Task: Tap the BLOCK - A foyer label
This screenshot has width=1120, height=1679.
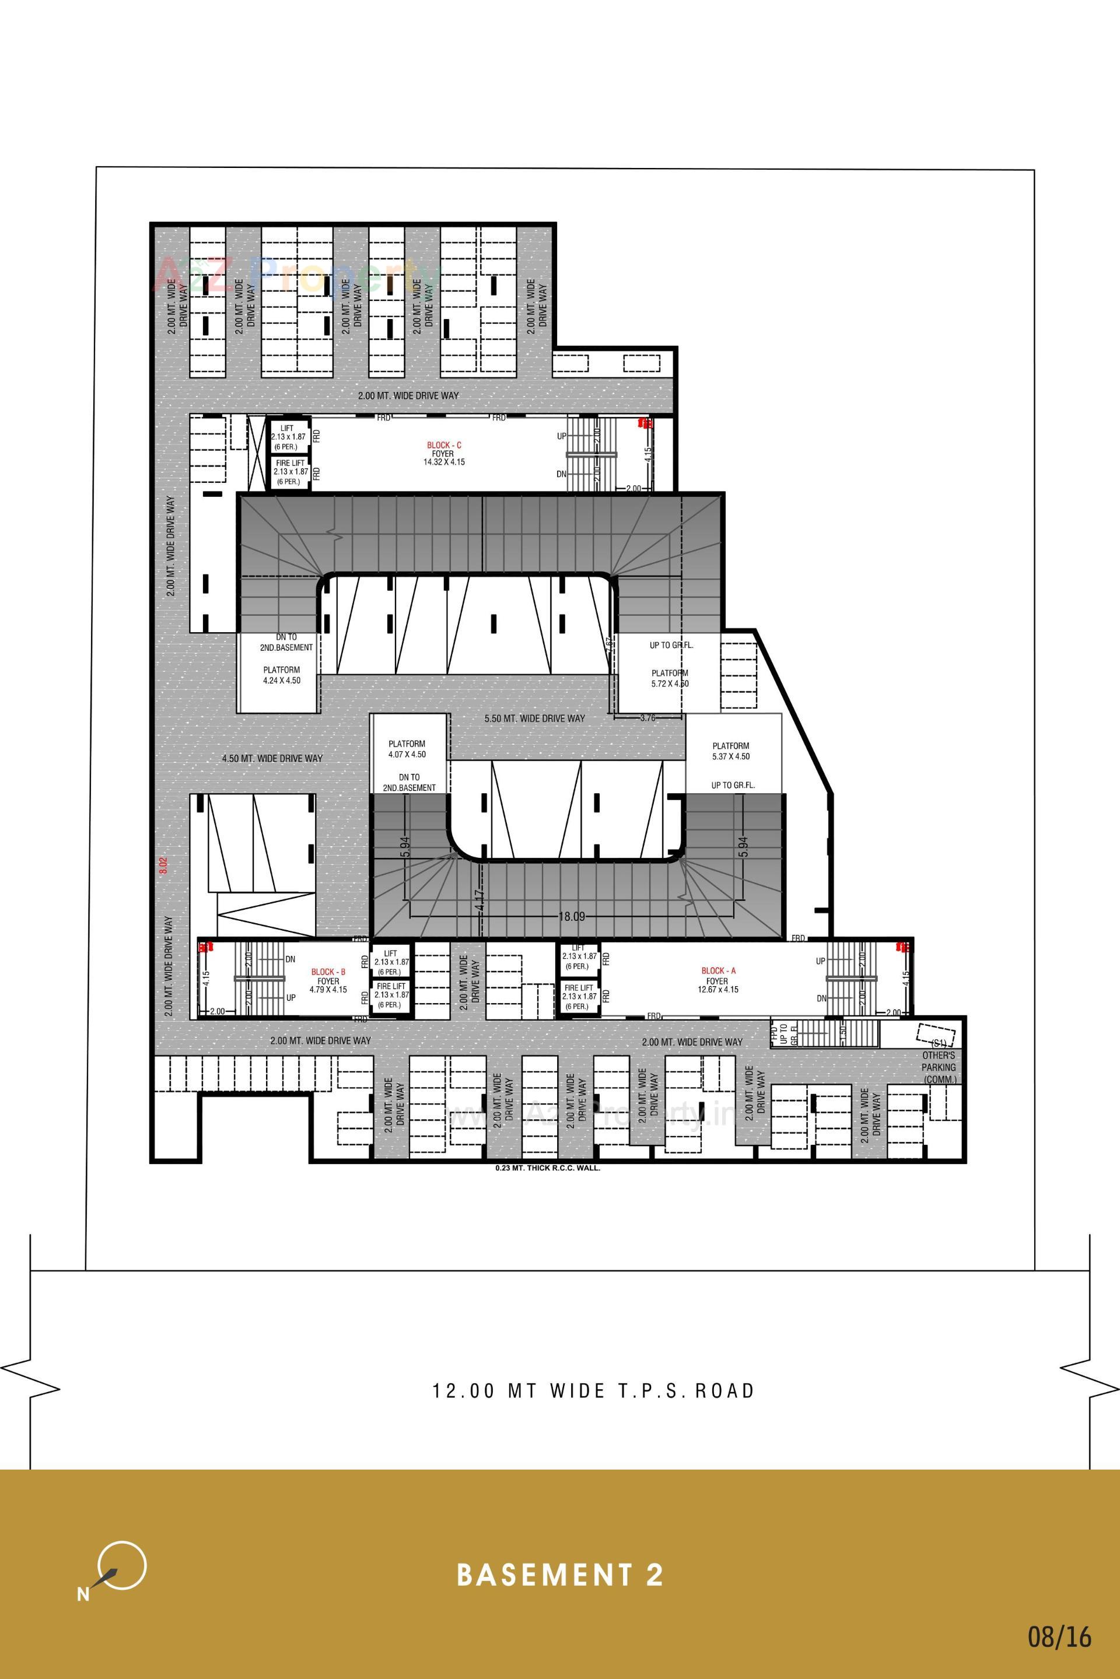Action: tap(718, 980)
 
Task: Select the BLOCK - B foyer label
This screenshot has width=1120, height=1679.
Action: tap(328, 980)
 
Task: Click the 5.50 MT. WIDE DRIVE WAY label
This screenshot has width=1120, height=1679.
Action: tap(534, 718)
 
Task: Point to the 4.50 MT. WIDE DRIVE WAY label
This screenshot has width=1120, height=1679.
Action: tap(272, 759)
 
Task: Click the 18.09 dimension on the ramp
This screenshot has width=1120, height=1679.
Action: tap(572, 916)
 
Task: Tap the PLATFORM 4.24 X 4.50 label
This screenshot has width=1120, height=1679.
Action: tap(281, 675)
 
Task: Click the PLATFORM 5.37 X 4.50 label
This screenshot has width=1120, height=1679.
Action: tap(731, 751)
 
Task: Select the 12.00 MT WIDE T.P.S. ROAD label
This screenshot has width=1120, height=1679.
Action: tap(593, 1391)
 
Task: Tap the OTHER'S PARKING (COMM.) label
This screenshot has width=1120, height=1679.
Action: tap(939, 1067)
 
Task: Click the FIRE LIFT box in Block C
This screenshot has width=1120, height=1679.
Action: tap(290, 472)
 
